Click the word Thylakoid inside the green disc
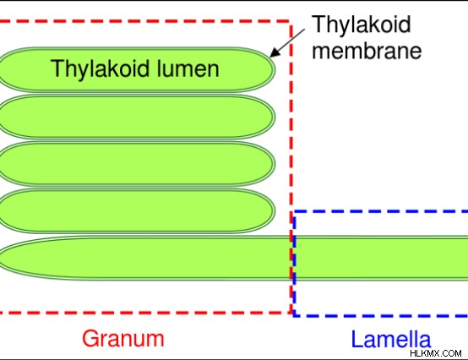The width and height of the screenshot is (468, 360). pos(101,68)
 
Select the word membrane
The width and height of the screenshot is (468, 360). pos(367,51)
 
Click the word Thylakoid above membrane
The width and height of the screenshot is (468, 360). pos(362,24)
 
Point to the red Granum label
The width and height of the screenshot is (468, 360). pos(123,339)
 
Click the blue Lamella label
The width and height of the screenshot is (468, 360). pos(391,339)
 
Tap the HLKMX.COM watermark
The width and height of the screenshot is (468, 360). pos(435,353)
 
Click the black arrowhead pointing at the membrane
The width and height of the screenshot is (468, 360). pos(275,52)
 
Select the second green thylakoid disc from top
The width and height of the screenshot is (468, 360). pos(136,117)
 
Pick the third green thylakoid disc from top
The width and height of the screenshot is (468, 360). pos(136,164)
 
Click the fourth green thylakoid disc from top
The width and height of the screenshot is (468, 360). pos(136,210)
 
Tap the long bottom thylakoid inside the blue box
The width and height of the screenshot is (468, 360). pos(380,259)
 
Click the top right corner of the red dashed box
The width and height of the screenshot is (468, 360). pos(291,21)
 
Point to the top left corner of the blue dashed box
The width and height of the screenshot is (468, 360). pos(294,211)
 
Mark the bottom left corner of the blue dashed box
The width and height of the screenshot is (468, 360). pos(294,316)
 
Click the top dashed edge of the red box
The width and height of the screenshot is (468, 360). pos(144,21)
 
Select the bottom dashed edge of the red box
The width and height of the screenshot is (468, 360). pos(145,313)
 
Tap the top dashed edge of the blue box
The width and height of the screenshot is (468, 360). pos(380,211)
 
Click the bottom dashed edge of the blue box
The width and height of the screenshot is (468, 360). pos(380,316)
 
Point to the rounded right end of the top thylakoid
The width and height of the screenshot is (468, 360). pos(274,69)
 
